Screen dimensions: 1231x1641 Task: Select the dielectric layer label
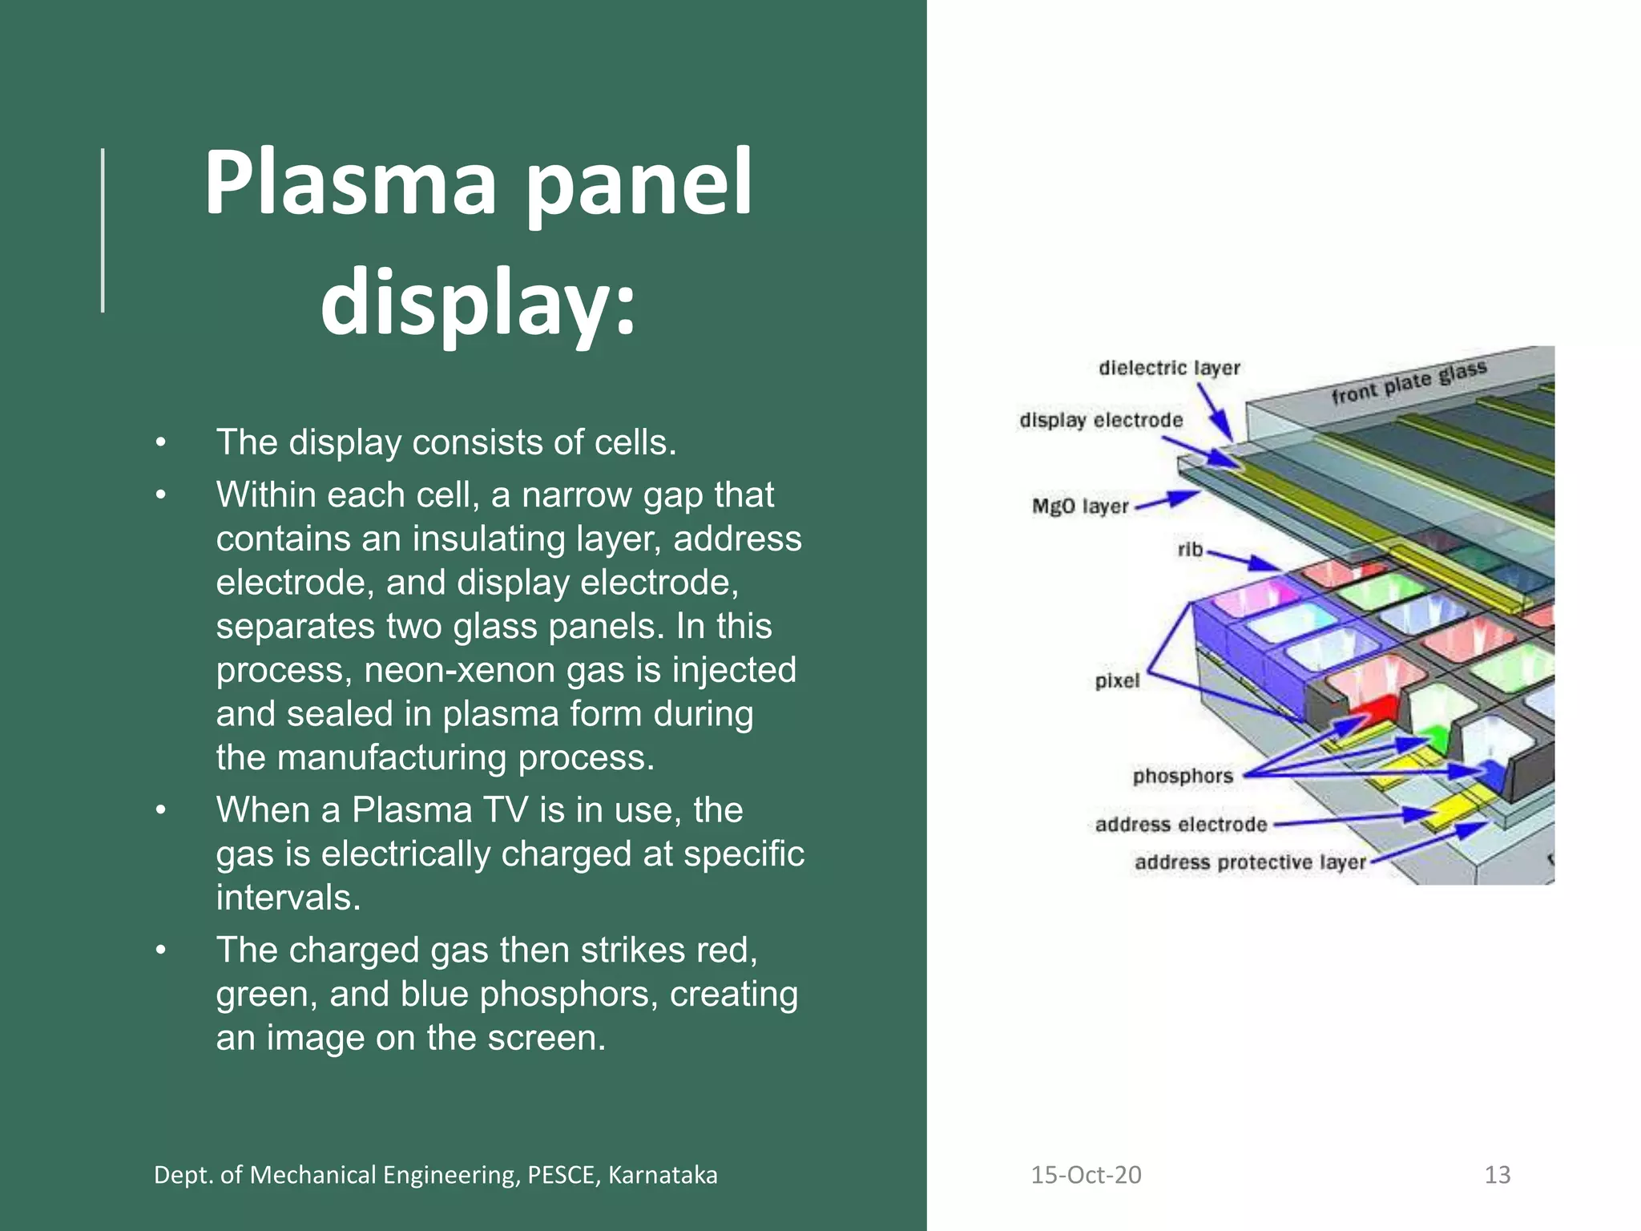(1169, 368)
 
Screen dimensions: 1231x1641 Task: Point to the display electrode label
(1100, 420)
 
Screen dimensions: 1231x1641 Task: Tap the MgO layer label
(1079, 507)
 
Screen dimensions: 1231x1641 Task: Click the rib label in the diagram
(1190, 550)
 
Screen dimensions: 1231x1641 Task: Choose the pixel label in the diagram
(1116, 681)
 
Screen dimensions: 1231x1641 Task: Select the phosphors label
(1182, 776)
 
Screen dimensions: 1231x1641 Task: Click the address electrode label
(1180, 825)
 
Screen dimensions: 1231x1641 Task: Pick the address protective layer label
(1249, 862)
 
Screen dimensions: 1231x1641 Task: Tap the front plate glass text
(1409, 383)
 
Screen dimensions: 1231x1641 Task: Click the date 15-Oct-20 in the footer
(1085, 1175)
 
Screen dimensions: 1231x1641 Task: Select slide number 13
(1497, 1175)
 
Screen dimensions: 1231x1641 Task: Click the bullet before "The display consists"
(161, 442)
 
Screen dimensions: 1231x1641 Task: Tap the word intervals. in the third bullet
(288, 898)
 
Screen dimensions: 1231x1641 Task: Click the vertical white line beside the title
(103, 230)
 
